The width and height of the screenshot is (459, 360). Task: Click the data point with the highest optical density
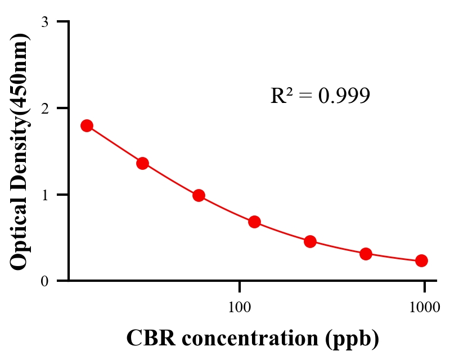87,125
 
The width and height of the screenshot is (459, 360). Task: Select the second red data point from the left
142,163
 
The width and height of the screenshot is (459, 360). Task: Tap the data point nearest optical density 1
199,196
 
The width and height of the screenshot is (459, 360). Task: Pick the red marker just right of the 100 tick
254,222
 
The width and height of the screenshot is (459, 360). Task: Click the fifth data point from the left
310,242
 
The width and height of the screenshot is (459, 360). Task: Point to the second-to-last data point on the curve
366,254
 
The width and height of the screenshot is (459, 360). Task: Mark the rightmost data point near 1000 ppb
421,260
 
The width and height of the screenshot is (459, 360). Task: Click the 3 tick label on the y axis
44,22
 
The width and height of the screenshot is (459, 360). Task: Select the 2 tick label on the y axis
44,108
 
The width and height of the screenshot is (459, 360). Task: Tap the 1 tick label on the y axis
44,195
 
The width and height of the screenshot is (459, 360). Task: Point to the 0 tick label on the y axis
44,281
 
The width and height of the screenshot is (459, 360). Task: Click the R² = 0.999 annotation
320,96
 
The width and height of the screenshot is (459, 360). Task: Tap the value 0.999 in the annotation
344,96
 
